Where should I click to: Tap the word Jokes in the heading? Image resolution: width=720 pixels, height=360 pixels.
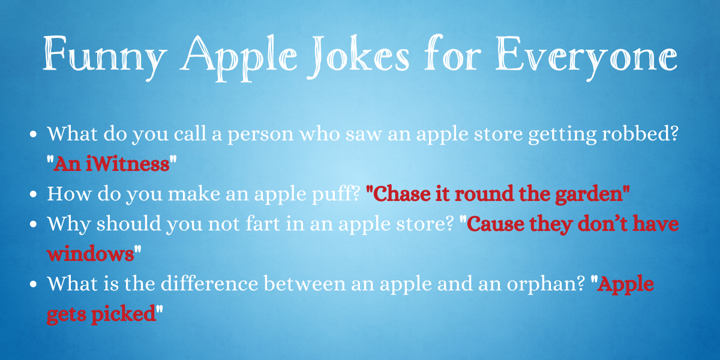[358, 56]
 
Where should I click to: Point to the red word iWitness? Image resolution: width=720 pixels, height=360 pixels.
[128, 164]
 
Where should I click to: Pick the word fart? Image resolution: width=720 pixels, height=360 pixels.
[263, 224]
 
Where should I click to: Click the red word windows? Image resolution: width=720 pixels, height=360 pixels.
[91, 254]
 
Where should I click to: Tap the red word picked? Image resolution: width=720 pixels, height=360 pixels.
[124, 314]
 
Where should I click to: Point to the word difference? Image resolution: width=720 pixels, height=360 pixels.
[209, 283]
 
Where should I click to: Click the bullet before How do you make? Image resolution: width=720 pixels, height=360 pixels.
[33, 194]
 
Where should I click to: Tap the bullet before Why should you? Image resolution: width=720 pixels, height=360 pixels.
[33, 224]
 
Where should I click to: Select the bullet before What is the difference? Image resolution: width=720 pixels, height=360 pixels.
[33, 284]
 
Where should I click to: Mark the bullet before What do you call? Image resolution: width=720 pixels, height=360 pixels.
[33, 134]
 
